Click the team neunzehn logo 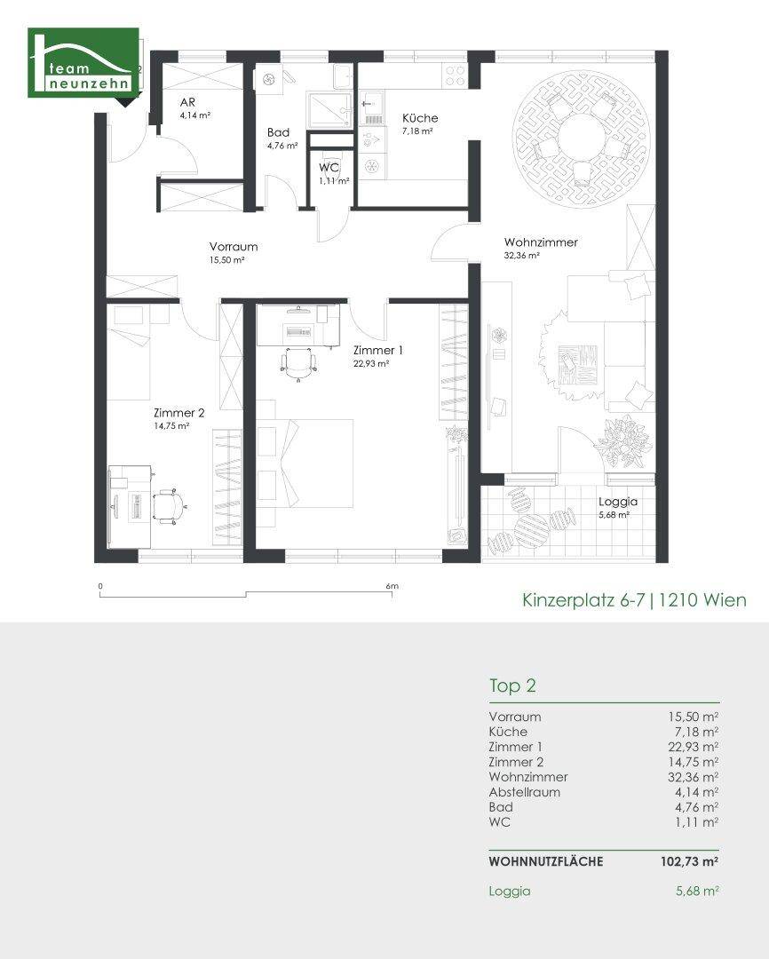[x=83, y=63]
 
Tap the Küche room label [x=420, y=118]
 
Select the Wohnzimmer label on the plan [x=541, y=242]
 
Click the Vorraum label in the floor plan [x=233, y=247]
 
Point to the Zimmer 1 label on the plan [x=378, y=351]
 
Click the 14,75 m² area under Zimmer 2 [x=171, y=425]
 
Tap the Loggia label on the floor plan [x=618, y=502]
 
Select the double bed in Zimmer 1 [x=305, y=464]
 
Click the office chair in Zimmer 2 [x=168, y=505]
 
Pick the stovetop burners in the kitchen [x=456, y=75]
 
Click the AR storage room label [x=187, y=102]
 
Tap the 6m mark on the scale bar [x=392, y=586]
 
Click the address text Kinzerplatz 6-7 [x=583, y=600]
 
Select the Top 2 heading [x=512, y=686]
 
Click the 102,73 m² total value [x=689, y=861]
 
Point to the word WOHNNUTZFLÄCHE [x=546, y=861]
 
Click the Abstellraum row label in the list [x=524, y=792]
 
